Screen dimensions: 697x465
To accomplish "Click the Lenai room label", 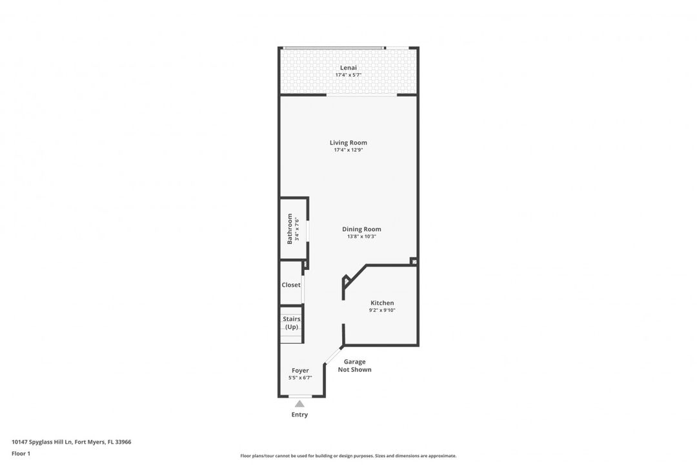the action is tap(348, 68).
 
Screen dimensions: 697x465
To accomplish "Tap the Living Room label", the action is tap(348, 142).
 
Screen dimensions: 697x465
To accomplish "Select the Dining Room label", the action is tap(361, 229).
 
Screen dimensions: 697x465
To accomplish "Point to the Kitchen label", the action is tap(382, 303).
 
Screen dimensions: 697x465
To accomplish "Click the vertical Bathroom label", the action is tap(290, 229).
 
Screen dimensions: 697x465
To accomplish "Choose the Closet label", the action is tap(291, 285).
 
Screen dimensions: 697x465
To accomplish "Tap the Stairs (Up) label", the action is tap(292, 323).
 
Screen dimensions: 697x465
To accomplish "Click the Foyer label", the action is tap(300, 370).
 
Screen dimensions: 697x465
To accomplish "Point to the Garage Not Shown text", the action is tap(355, 366).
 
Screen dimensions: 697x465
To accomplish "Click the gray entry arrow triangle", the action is tap(299, 404).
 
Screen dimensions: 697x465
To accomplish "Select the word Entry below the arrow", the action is tap(299, 414).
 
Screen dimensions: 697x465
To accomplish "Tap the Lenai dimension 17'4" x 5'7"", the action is tap(348, 75).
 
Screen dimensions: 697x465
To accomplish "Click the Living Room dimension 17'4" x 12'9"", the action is tap(348, 150).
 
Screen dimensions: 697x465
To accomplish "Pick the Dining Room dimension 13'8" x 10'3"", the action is tap(361, 237).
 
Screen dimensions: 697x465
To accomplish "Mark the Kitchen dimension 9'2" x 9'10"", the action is tap(382, 310).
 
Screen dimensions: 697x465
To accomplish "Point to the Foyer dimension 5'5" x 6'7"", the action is tap(300, 378).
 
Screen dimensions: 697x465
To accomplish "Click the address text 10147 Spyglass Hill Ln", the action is tap(42, 442).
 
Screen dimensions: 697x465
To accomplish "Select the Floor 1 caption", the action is tap(21, 453).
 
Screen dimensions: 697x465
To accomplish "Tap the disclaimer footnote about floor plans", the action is tap(348, 456).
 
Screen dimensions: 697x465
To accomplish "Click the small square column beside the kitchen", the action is tap(414, 262).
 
